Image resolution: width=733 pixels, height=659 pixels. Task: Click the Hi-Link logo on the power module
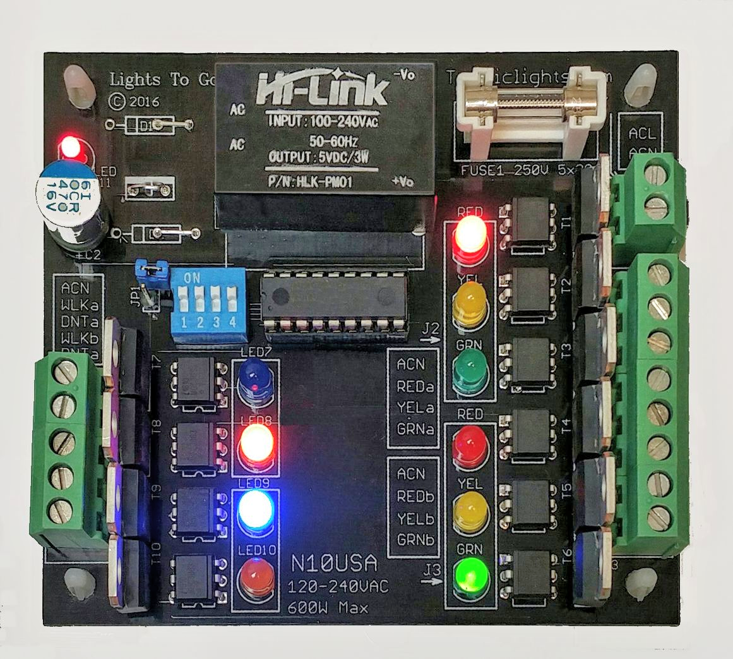point(322,89)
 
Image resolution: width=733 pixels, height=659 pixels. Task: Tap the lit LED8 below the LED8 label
point(255,445)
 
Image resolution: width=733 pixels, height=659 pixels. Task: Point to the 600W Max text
point(328,608)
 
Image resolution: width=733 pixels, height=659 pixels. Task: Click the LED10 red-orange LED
point(255,577)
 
